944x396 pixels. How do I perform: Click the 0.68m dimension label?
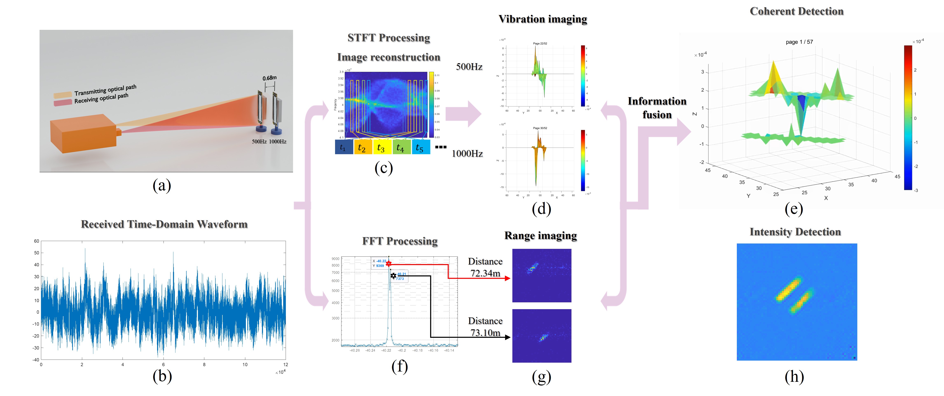(x=269, y=78)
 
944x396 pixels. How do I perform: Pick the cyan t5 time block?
(x=420, y=147)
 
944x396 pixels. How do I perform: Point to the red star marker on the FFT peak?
(x=388, y=263)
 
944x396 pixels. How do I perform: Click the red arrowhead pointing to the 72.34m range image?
(x=508, y=278)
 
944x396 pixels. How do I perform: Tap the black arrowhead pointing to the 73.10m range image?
(x=508, y=337)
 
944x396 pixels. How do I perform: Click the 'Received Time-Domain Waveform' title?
(x=164, y=224)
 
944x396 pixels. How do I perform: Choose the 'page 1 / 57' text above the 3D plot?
(x=799, y=42)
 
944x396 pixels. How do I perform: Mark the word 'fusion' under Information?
(x=657, y=115)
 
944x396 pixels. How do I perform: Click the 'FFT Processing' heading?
(x=400, y=241)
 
